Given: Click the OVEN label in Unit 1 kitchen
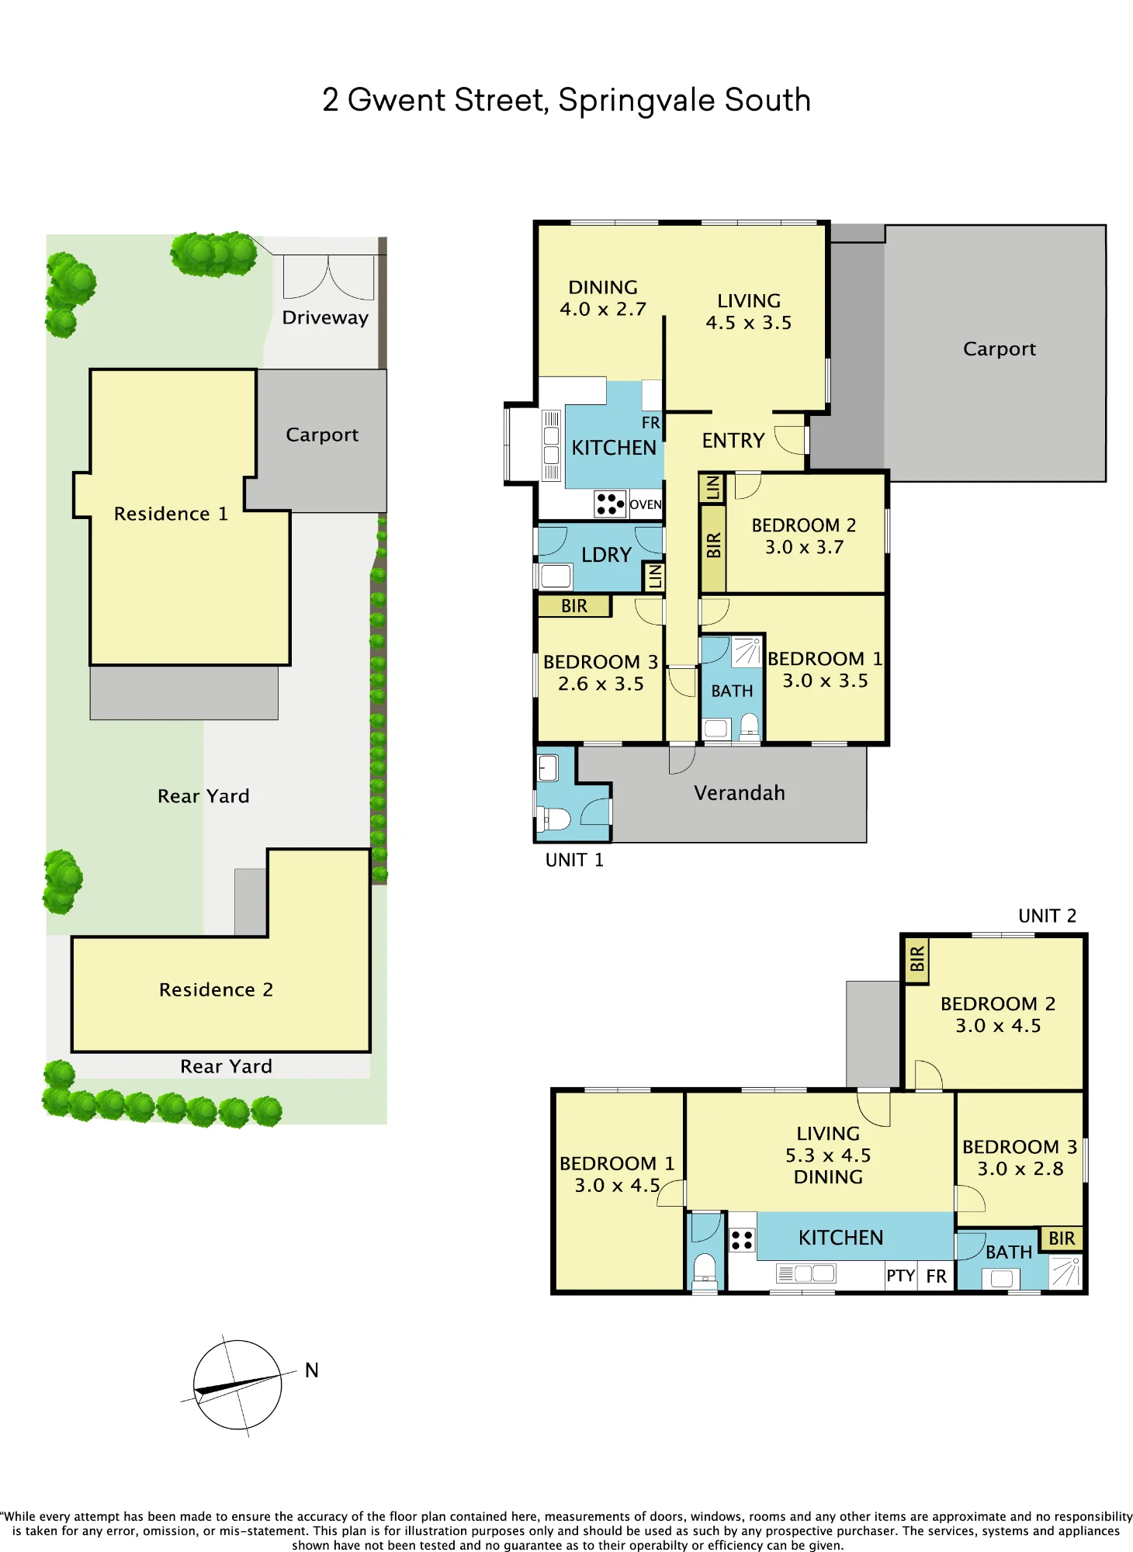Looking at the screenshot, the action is pyautogui.click(x=646, y=504).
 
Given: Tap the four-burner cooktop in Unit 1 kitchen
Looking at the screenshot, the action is pyautogui.click(x=610, y=504).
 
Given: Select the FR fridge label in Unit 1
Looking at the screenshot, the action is pyautogui.click(x=650, y=423).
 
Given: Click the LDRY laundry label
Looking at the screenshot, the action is pyautogui.click(x=606, y=555).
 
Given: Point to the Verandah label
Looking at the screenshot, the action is pyautogui.click(x=740, y=793).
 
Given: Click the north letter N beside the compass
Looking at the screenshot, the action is pyautogui.click(x=312, y=1370).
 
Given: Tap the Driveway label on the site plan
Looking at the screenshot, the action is pyautogui.click(x=325, y=317).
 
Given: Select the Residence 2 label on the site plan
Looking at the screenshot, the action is pyautogui.click(x=216, y=989).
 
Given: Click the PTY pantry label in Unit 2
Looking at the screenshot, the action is pyautogui.click(x=901, y=1276).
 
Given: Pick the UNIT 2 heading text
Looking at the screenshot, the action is pyautogui.click(x=1047, y=916).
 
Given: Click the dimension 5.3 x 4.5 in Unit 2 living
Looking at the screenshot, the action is pyautogui.click(x=828, y=1155).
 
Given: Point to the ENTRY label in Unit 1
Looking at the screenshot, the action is pyautogui.click(x=733, y=441).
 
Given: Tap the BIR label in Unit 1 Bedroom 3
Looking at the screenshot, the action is pyautogui.click(x=574, y=606).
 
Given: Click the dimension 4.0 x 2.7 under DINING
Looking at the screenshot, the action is pyautogui.click(x=603, y=309).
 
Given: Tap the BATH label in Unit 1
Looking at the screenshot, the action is pyautogui.click(x=732, y=691).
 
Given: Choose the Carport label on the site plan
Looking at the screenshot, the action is pyautogui.click(x=322, y=435).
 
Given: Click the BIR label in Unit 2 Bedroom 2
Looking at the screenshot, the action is pyautogui.click(x=917, y=959).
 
